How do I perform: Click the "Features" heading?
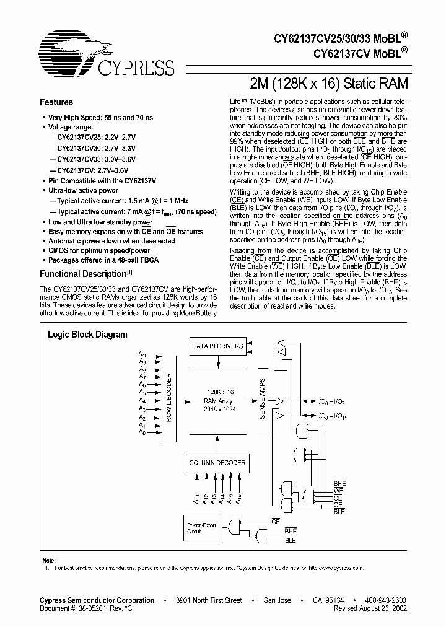click(x=56, y=103)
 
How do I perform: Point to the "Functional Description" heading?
click(x=84, y=274)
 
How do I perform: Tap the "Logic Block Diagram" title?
click(x=88, y=335)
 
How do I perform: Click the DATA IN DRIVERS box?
click(x=217, y=346)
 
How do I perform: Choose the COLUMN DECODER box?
click(x=217, y=463)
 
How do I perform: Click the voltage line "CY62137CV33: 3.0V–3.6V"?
click(x=96, y=159)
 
